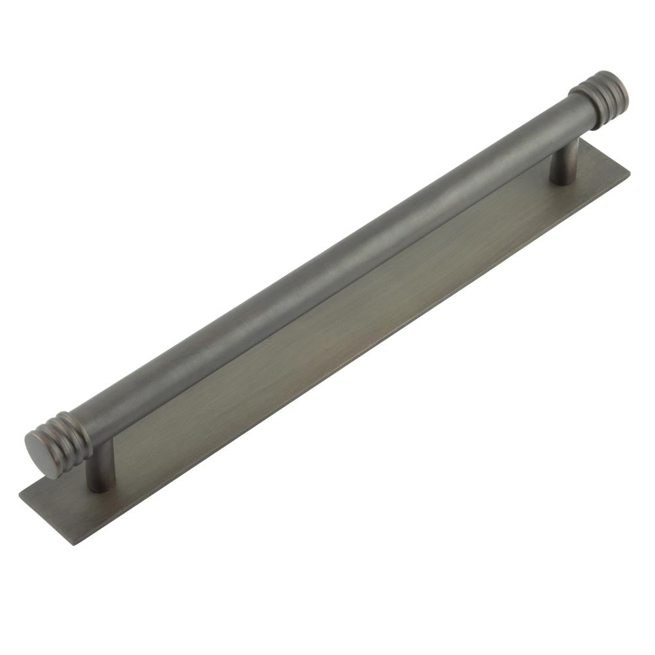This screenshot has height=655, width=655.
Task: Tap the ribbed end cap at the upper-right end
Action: (x=599, y=99)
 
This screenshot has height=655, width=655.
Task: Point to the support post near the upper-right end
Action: (x=564, y=160)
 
